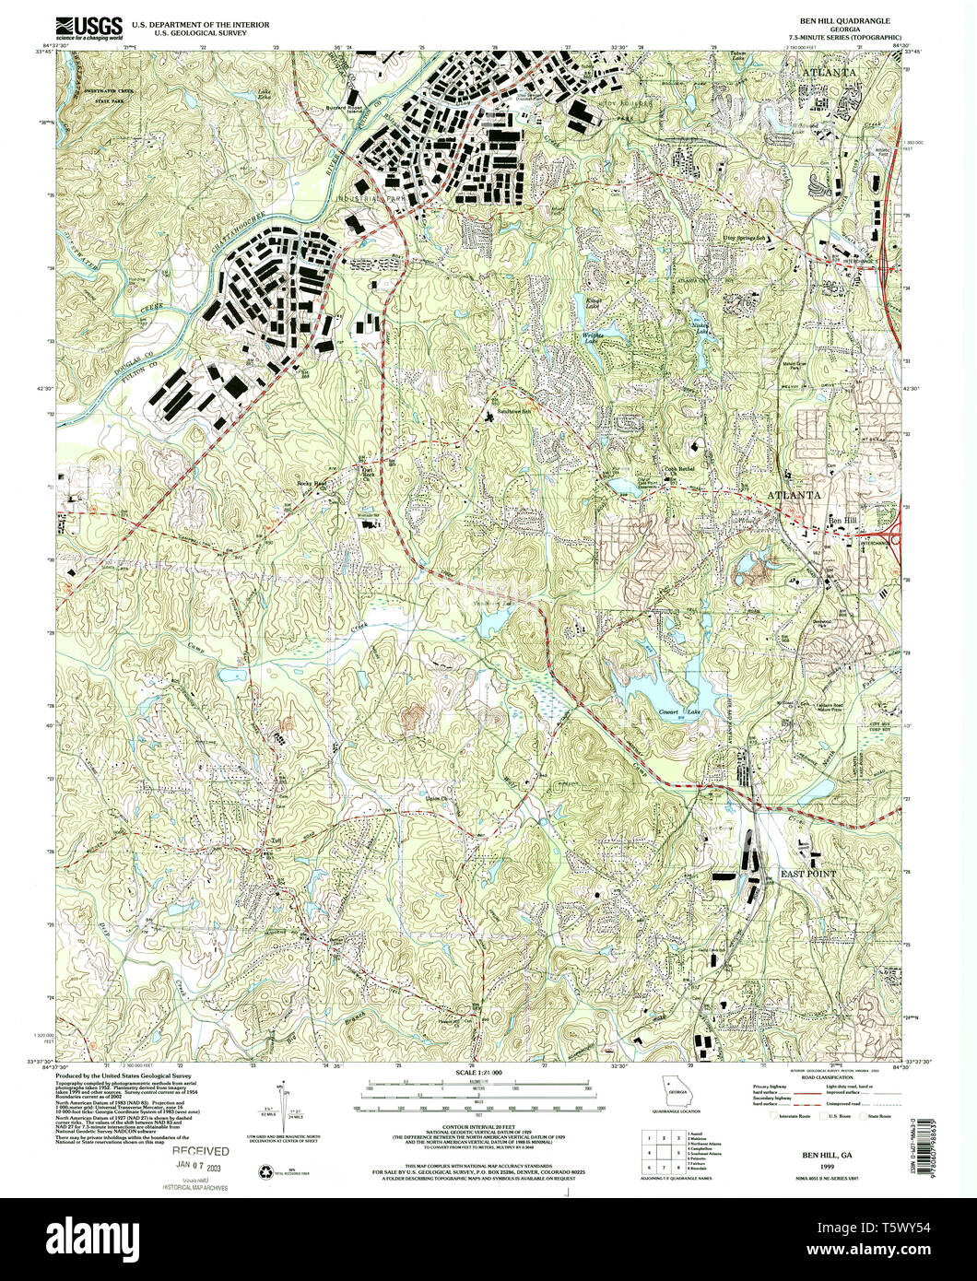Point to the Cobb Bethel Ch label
click(x=680, y=468)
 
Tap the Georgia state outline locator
click(x=676, y=1087)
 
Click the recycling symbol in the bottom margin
click(x=268, y=1172)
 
